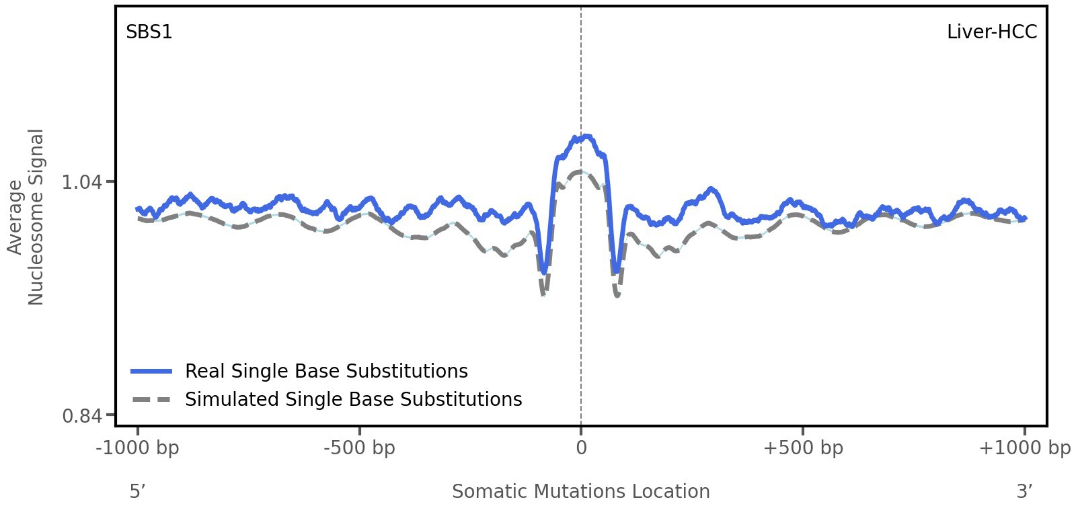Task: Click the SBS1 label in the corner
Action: coord(149,32)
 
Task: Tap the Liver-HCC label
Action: coord(991,32)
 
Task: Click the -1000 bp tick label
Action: coord(138,448)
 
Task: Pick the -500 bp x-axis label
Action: coord(359,448)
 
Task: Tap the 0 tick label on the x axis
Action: coord(581,448)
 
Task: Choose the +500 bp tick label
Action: coord(803,448)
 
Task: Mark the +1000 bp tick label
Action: coord(1024,448)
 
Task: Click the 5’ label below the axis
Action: coord(138,492)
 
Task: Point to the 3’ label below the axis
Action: coord(1024,492)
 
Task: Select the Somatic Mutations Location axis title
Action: coord(581,492)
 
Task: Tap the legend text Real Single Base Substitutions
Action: coord(326,372)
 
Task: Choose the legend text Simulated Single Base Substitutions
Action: coord(353,400)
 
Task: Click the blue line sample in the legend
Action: coord(152,372)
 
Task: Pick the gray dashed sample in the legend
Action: coord(152,400)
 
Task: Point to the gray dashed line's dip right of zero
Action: coord(617,295)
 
